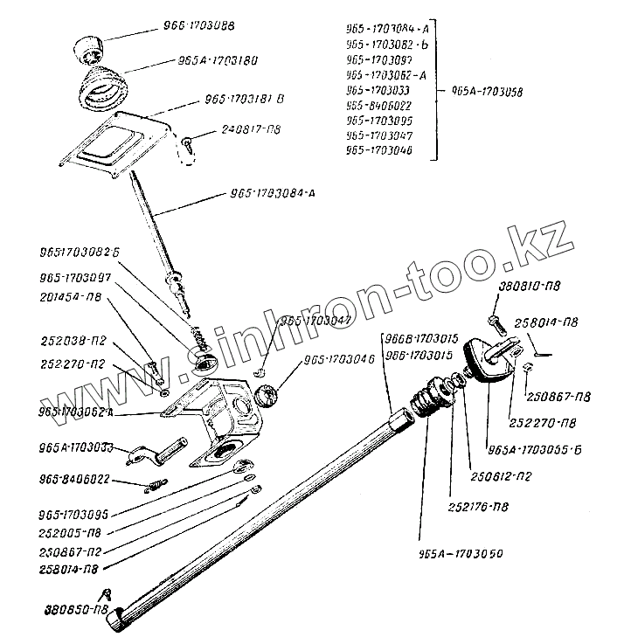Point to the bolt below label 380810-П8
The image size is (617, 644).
click(x=495, y=320)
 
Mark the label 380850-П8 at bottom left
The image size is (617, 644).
click(x=76, y=610)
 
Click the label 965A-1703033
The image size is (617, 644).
click(x=77, y=447)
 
